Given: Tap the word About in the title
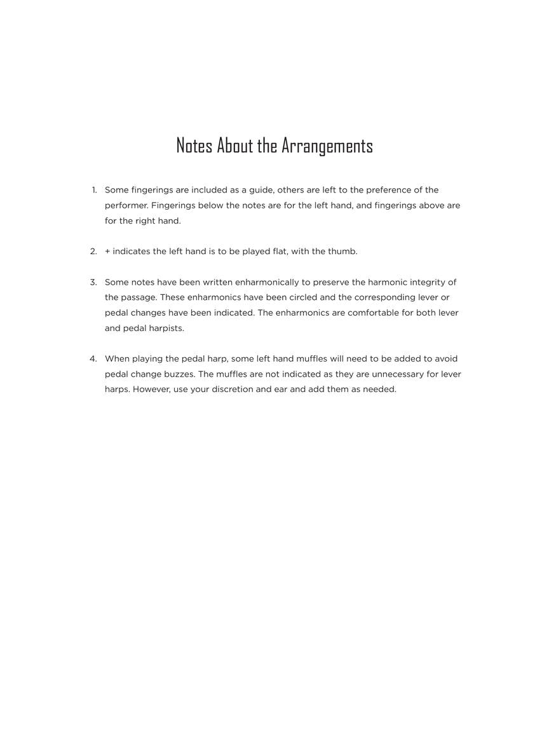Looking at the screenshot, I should coord(235,146).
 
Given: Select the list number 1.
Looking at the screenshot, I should coord(94,190).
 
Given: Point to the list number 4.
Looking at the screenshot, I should coord(93,358).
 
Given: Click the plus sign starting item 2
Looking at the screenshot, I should coord(107,252).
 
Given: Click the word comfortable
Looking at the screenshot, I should coord(373,313).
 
